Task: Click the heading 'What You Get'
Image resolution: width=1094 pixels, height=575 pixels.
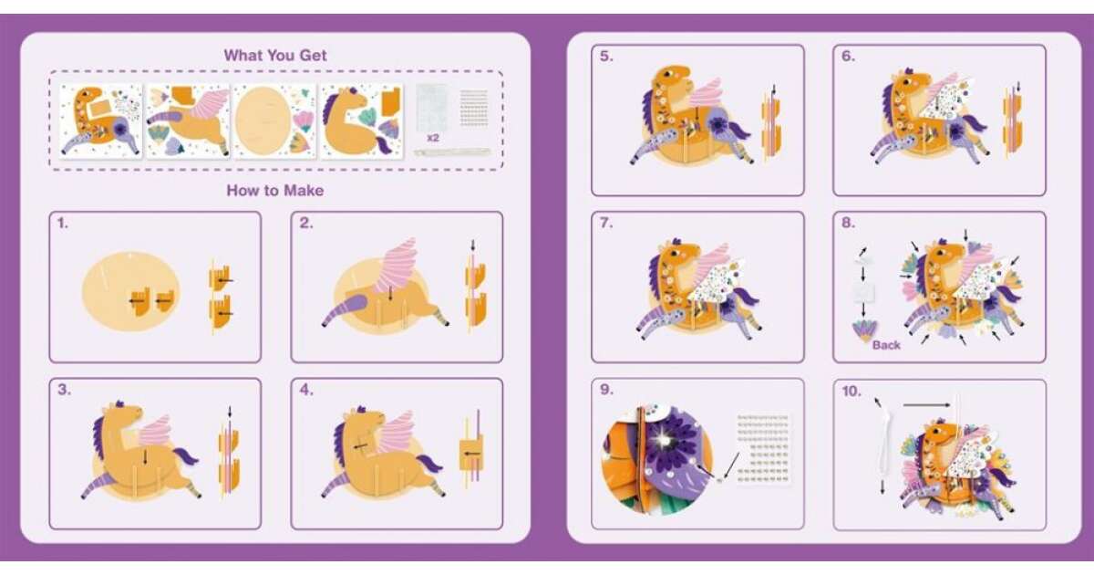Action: point(275,56)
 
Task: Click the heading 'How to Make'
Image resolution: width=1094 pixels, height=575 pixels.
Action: point(275,190)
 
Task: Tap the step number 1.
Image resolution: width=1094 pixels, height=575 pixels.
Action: point(63,223)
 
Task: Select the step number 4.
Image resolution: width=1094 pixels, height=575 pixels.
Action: point(306,390)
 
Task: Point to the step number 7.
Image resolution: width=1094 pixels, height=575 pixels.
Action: point(606,223)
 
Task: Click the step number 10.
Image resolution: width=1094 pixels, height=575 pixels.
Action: point(851,392)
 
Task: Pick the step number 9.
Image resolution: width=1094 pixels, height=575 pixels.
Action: point(606,390)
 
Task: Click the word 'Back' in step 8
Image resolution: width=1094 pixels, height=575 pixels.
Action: point(886,345)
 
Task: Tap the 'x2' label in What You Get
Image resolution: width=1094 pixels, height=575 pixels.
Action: point(433,138)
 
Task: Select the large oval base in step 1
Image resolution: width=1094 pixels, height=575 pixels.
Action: point(131,291)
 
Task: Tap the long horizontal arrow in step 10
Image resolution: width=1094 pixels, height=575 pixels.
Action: point(926,405)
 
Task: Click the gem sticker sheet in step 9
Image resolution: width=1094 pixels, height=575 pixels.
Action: point(763,448)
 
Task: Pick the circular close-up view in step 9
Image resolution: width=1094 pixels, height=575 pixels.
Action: point(656,461)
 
